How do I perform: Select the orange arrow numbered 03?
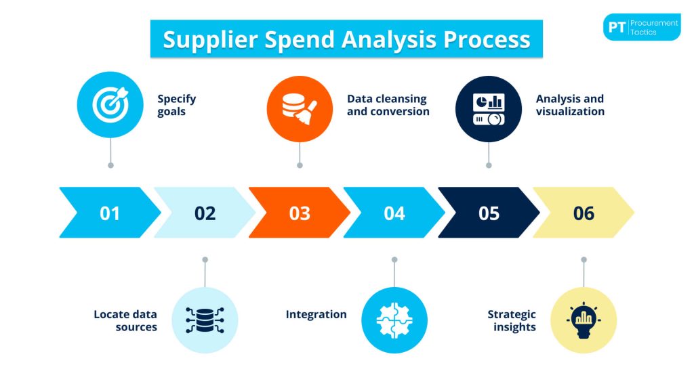coord(299,213)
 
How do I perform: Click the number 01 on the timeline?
coord(110,213)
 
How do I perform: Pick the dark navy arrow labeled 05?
coord(489,213)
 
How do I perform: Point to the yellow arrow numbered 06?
coord(584,213)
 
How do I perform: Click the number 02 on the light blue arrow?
coord(205,213)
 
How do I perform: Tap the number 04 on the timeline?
coord(394,213)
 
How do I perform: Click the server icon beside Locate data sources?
coord(205,320)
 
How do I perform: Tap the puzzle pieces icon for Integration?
coord(394,320)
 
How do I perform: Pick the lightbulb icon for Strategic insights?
coord(584,320)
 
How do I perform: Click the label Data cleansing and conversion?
coord(388,105)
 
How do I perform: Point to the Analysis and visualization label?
coord(570,105)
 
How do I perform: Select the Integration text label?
coord(316,314)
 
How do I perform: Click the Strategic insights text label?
coord(512,320)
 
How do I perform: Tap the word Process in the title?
coord(487,39)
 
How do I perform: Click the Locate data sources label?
coord(125,320)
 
